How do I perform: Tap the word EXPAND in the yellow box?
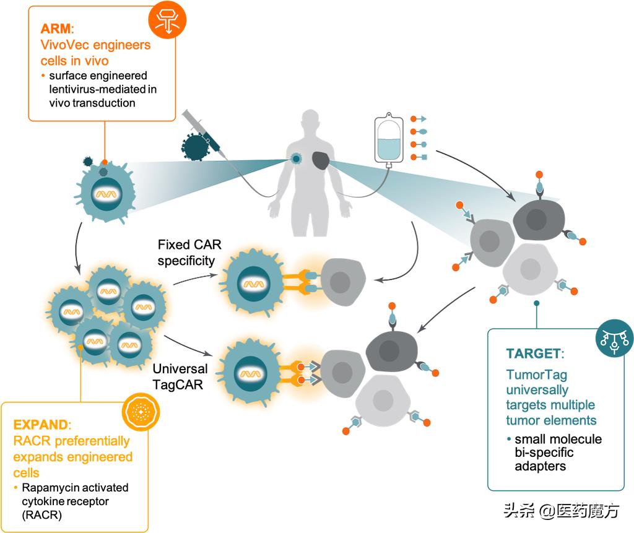41,426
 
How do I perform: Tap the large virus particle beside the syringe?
197,146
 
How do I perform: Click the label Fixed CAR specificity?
186,252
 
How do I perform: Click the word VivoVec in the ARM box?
69,46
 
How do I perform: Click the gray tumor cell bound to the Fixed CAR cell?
340,282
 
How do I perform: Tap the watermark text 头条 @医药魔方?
561,511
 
